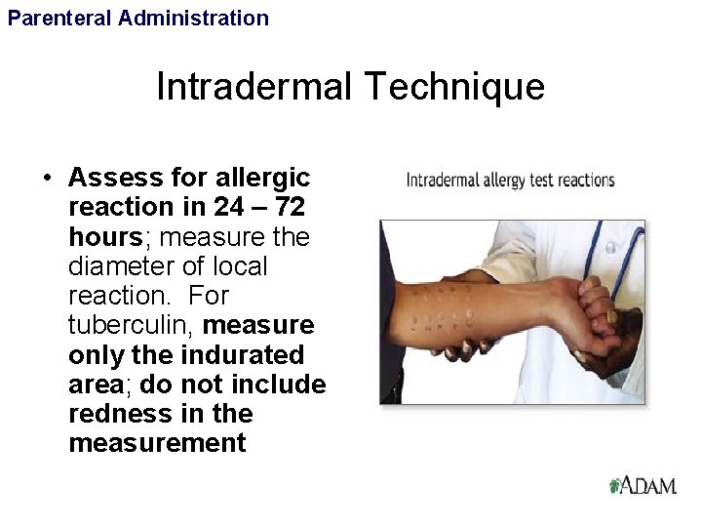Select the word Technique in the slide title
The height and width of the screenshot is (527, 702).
click(x=456, y=88)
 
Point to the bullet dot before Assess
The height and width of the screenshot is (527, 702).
click(x=46, y=179)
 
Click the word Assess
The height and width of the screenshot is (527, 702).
click(x=107, y=179)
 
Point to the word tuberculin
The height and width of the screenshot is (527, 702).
click(x=132, y=325)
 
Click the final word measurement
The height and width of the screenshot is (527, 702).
click(x=157, y=443)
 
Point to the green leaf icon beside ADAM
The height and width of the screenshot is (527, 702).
click(x=614, y=484)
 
